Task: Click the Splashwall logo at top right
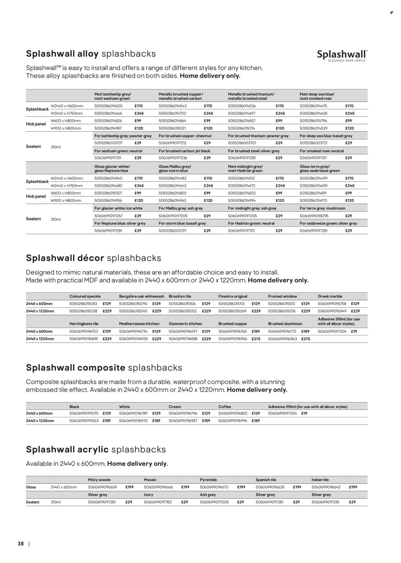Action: (x=342, y=55)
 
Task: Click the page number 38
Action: (x=21, y=544)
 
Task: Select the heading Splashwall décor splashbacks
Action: (x=93, y=258)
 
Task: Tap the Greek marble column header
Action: (x=330, y=296)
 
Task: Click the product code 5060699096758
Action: (x=332, y=304)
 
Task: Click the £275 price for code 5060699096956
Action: (x=256, y=339)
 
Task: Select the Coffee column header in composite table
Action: (x=225, y=406)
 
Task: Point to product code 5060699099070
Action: (x=84, y=413)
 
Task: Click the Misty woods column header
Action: (x=99, y=480)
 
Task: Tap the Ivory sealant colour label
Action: (x=149, y=495)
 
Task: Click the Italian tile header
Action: (x=320, y=480)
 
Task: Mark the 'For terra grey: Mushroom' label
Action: (x=322, y=208)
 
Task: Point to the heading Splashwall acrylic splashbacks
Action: (x=96, y=449)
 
